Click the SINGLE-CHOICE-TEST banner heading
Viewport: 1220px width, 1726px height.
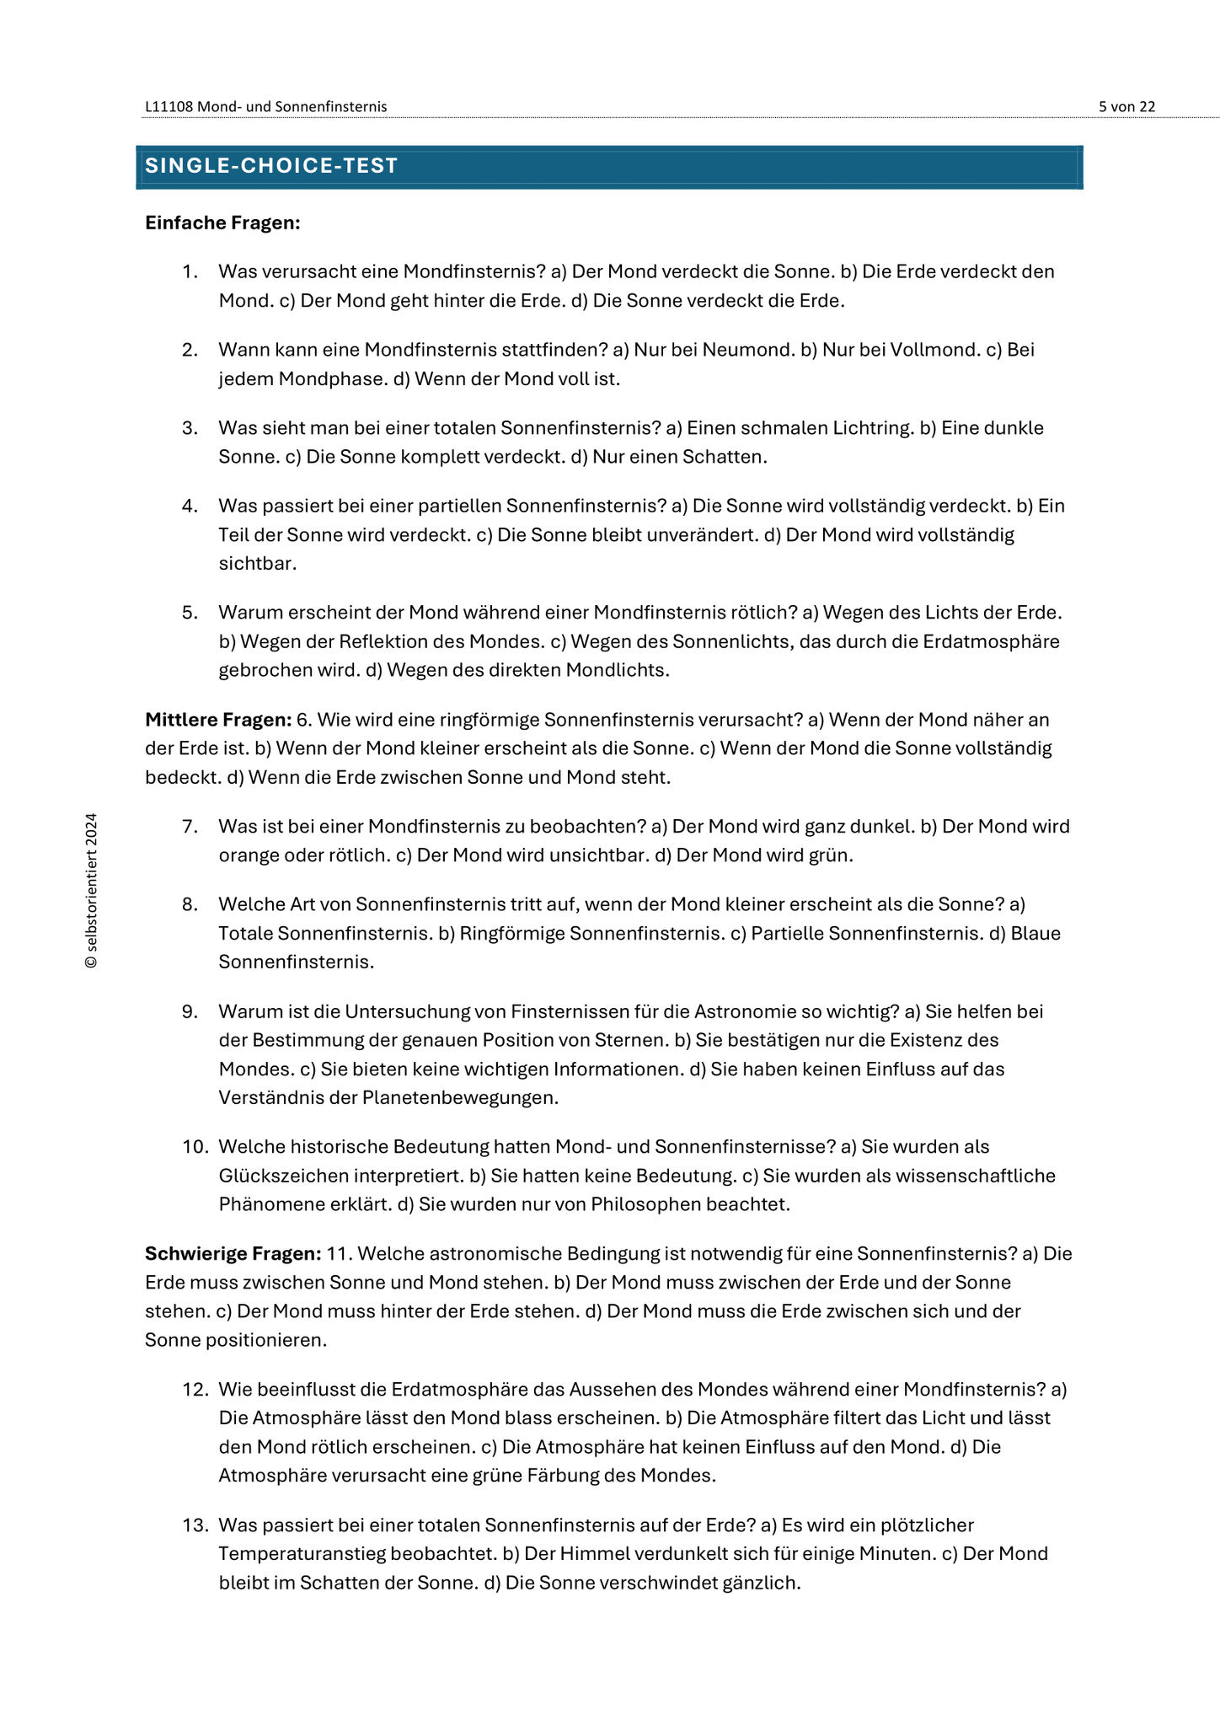click(271, 166)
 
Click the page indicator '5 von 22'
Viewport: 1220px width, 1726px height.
click(1126, 106)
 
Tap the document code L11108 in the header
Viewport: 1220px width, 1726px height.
click(169, 106)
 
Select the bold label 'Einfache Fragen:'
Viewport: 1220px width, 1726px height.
click(222, 222)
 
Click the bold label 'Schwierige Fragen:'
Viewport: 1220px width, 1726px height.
click(233, 1253)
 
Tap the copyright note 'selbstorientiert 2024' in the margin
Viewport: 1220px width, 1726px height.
click(91, 890)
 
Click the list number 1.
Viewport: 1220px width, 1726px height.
click(190, 271)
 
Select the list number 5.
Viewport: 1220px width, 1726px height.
click(190, 612)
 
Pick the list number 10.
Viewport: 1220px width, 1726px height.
click(195, 1146)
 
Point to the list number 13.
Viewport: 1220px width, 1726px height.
click(195, 1525)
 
